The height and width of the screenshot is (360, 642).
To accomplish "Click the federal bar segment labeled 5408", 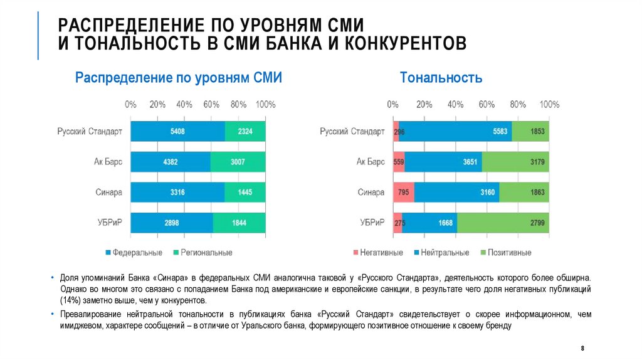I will point(177,132).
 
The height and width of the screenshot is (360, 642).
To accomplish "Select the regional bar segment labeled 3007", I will point(238,162).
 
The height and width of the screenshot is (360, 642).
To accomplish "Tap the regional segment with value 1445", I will point(245,192).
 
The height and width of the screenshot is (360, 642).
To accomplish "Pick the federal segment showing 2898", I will point(172,223).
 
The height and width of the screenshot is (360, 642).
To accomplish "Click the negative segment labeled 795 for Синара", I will point(403,192).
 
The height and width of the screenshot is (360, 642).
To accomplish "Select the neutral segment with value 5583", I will point(455,132).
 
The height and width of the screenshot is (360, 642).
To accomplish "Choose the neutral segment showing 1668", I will point(429,223).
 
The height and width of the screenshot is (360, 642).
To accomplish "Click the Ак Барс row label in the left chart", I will point(108,162).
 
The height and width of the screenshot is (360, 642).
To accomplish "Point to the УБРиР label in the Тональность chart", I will point(372,223).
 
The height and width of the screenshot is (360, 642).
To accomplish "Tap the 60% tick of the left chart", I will point(211,104).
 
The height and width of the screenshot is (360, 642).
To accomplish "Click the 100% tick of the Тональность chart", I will point(549,104).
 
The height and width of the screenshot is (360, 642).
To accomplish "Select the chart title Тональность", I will point(441,78).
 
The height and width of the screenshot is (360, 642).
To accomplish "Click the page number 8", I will point(583,347).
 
